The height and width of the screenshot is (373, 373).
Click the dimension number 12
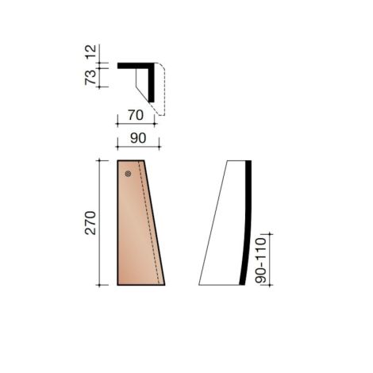[x=93, y=53]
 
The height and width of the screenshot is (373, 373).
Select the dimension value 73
[x=93, y=77]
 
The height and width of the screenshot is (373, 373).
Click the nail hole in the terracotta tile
[x=126, y=174]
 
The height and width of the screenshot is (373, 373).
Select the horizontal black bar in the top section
[x=135, y=66]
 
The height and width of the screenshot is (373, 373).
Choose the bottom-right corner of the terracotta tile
[x=164, y=283]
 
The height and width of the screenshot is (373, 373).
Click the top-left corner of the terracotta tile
[x=117, y=161]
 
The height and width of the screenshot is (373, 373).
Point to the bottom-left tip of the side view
[x=199, y=283]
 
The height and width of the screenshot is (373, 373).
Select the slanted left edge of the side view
[x=213, y=222]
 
